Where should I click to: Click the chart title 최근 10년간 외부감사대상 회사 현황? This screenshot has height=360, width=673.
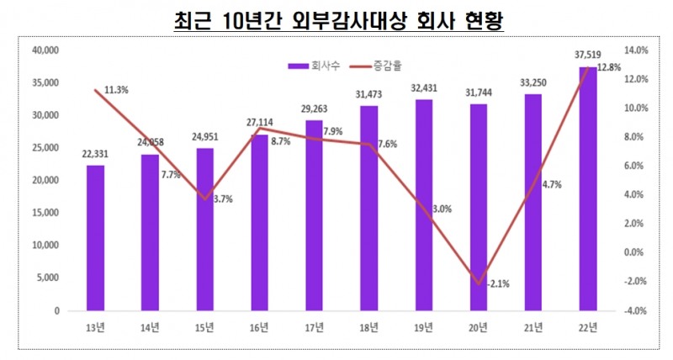coord(336,20)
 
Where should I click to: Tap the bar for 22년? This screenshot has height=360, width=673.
coord(586,188)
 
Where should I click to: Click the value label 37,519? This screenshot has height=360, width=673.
coord(586,55)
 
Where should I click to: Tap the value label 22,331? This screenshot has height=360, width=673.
coord(95,153)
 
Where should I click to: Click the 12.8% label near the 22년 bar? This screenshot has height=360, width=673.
coord(609,67)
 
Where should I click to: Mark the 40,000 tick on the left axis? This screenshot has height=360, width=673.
coord(44,50)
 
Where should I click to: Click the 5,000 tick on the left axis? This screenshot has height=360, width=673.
coord(47,278)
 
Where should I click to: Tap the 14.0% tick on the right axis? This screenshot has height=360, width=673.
coord(636,50)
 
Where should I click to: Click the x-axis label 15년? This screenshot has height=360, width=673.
coord(204,326)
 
